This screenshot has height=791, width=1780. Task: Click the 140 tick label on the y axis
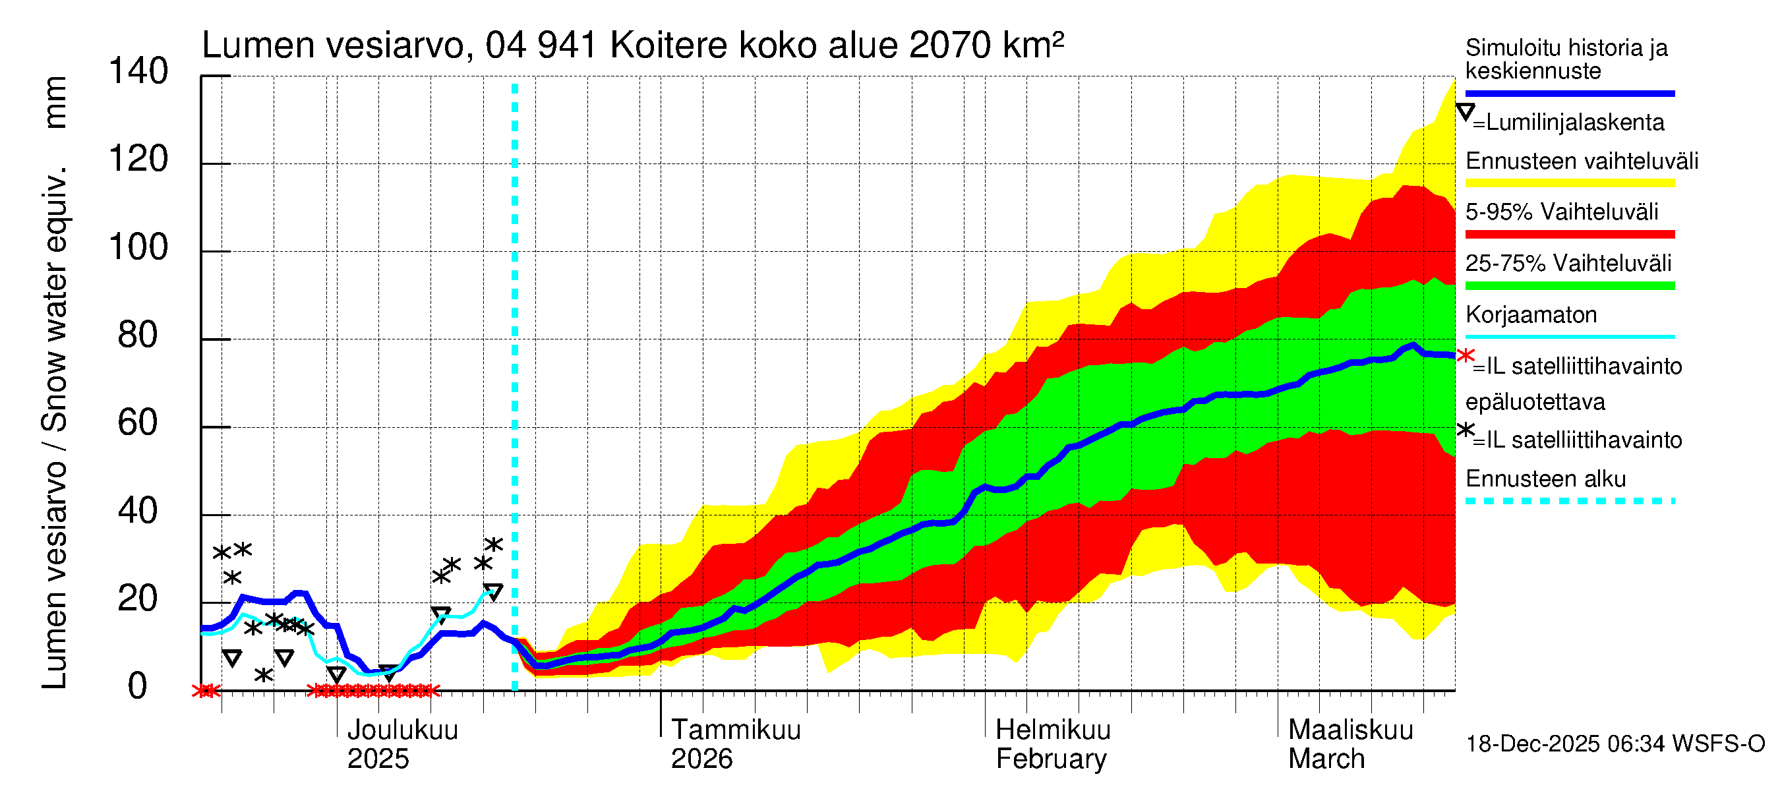click(138, 72)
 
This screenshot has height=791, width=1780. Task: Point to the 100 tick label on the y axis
click(138, 247)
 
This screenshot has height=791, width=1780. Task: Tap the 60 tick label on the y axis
click(138, 423)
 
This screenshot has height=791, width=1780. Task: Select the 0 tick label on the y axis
click(138, 686)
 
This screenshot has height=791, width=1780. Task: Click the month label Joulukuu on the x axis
click(402, 730)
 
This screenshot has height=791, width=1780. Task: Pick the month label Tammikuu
click(735, 730)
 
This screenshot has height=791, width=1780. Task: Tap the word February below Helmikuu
click(1050, 759)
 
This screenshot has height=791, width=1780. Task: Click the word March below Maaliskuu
click(1326, 759)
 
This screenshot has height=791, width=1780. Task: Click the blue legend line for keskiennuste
click(1569, 93)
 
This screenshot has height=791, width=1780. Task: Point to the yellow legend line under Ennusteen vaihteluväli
click(1569, 183)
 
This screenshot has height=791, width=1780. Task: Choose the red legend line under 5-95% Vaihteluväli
click(1569, 234)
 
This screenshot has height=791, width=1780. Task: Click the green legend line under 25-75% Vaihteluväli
click(1569, 285)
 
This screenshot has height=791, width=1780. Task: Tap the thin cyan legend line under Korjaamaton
click(1569, 336)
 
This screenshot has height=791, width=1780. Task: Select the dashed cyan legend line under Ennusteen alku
click(1569, 501)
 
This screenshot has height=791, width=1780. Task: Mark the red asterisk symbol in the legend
click(1465, 356)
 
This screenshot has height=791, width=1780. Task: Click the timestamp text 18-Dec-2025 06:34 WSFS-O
click(1615, 744)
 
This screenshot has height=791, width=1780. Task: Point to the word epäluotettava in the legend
click(1535, 402)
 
